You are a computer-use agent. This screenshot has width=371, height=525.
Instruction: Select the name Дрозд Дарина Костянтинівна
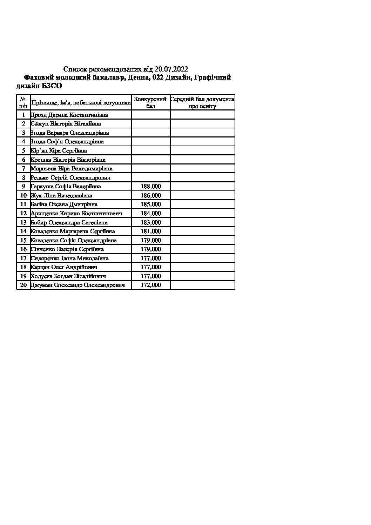pyautogui.click(x=69, y=115)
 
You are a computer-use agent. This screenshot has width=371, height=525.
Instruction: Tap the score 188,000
pyautogui.click(x=151, y=187)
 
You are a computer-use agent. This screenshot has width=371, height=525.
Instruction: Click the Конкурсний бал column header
pyautogui.click(x=150, y=102)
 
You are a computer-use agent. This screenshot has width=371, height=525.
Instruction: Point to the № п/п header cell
pyautogui.click(x=23, y=102)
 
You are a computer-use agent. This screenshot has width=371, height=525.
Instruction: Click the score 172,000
pyautogui.click(x=151, y=285)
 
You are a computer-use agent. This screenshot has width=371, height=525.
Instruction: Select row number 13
pyautogui.click(x=23, y=222)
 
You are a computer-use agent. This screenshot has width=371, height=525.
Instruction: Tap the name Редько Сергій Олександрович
pyautogui.click(x=71, y=178)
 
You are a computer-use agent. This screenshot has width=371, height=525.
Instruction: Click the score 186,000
pyautogui.click(x=151, y=196)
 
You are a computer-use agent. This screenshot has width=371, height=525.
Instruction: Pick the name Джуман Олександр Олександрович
pyautogui.click(x=78, y=285)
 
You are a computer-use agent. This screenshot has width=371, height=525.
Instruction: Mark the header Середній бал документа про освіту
pyautogui.click(x=202, y=102)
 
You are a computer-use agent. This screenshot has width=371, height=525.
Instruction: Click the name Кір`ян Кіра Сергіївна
pyautogui.click(x=59, y=151)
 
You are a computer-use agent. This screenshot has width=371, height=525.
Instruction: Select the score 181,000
pyautogui.click(x=151, y=231)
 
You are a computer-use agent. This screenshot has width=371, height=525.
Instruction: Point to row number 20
pyautogui.click(x=23, y=285)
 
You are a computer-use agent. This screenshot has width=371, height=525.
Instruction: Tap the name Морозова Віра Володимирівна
pyautogui.click(x=72, y=169)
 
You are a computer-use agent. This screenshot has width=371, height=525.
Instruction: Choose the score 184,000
pyautogui.click(x=151, y=214)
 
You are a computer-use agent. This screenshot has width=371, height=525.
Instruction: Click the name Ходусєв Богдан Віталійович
pyautogui.click(x=68, y=276)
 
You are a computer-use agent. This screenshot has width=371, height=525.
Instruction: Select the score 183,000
pyautogui.click(x=151, y=222)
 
